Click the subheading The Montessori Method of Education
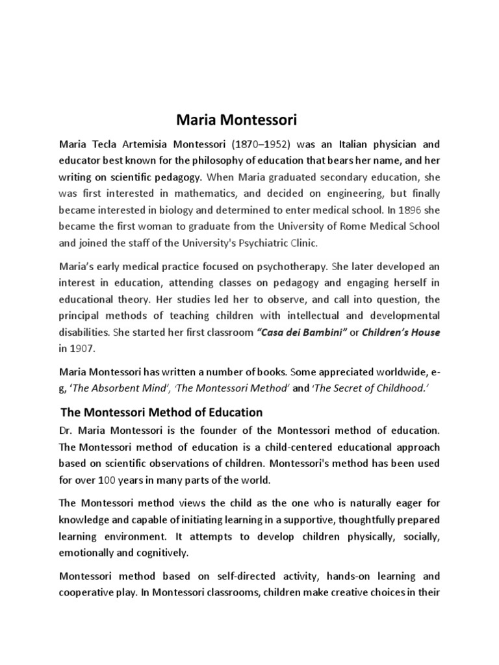point(161,412)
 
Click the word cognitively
point(162,553)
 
